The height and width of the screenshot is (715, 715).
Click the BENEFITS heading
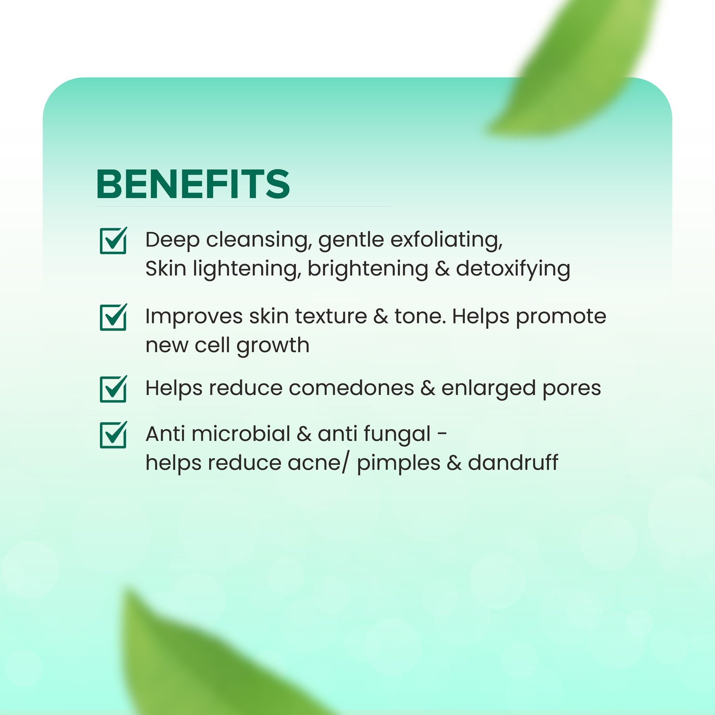[193, 184]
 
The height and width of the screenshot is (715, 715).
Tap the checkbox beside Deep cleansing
[113, 241]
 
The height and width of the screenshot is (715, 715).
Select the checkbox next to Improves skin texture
[113, 317]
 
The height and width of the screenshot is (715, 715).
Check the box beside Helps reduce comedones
[113, 389]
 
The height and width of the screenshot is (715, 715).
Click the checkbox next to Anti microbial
[113, 435]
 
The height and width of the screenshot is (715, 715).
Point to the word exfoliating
[446, 240]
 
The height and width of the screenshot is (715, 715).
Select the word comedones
[351, 388]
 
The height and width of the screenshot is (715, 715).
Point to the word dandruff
[513, 463]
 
